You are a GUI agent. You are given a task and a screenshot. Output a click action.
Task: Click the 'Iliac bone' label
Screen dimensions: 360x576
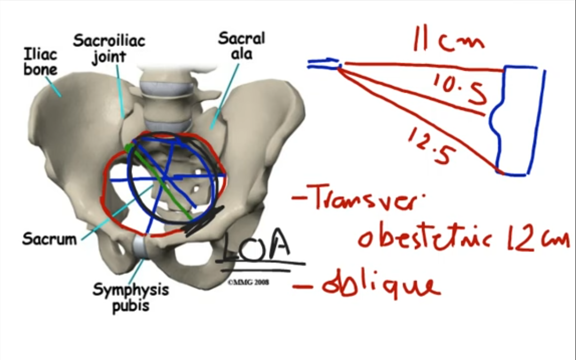coord(40,61)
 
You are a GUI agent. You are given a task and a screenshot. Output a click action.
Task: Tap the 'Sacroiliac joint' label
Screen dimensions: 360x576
coord(109,48)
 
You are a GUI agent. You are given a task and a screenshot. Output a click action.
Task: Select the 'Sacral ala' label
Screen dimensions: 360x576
coord(241,46)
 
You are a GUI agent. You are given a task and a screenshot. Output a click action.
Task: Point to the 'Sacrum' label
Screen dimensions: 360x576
coord(49,239)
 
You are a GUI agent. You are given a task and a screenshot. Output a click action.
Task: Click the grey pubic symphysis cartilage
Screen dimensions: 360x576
coord(140,247)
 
